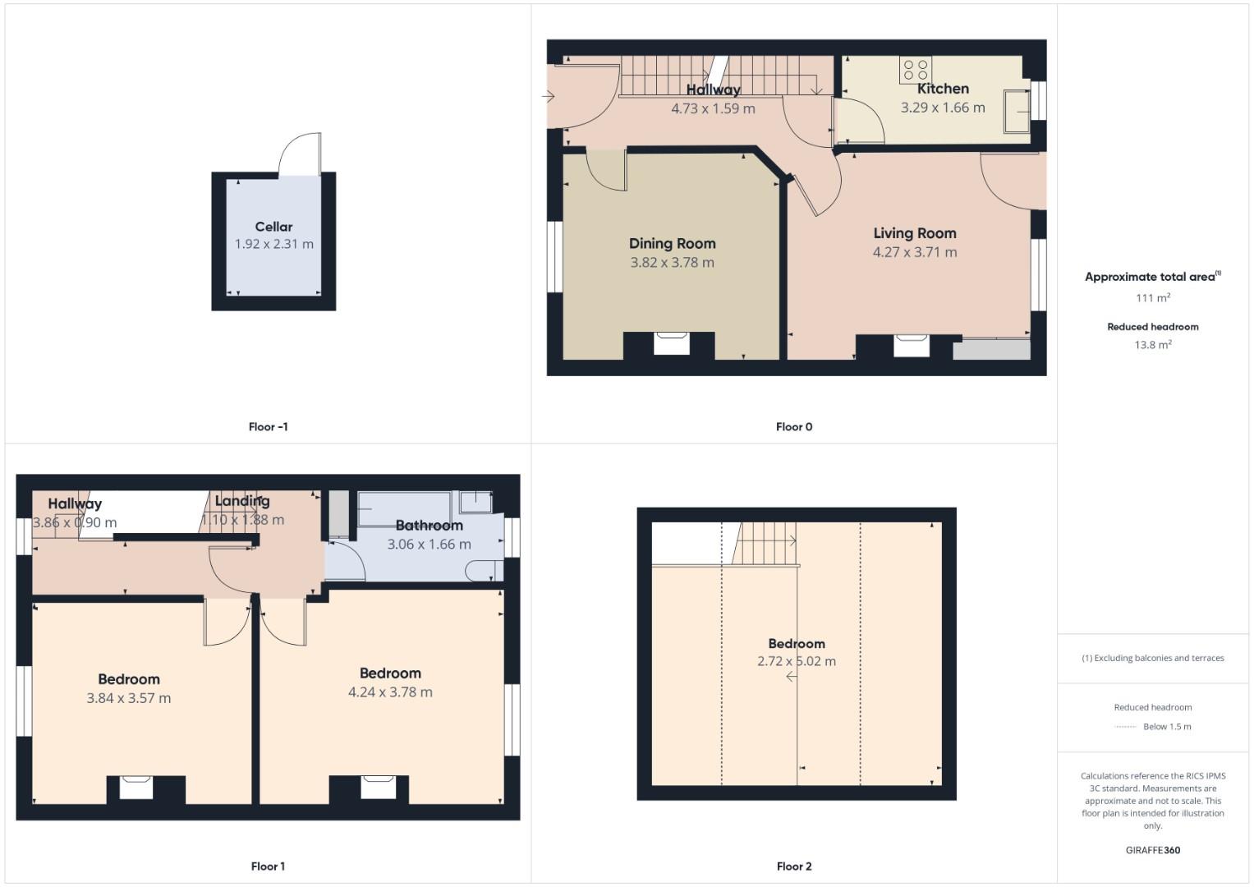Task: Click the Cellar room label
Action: point(273,227)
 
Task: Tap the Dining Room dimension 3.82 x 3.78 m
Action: point(672,263)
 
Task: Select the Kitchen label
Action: point(943,89)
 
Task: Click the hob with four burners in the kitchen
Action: point(915,70)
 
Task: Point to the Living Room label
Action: point(914,233)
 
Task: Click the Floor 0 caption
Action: point(793,427)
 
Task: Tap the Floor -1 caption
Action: point(268,427)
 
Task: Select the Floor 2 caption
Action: point(793,866)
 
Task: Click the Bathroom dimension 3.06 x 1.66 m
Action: point(429,545)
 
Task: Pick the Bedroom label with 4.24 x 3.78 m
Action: point(390,673)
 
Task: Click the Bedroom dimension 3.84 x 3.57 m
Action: point(129,698)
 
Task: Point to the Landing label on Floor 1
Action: point(242,501)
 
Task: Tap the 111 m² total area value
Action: point(1152,298)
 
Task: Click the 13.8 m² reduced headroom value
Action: point(1152,345)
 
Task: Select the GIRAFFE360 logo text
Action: point(1152,851)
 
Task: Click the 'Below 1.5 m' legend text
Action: point(1167,727)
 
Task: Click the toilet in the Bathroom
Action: point(484,569)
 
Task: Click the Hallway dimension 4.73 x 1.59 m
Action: point(713,108)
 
